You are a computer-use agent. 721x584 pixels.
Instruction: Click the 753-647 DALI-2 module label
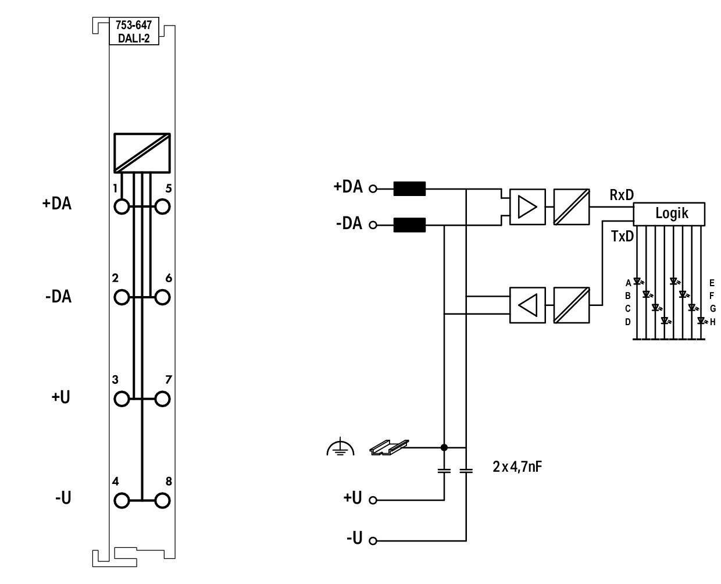click(134, 31)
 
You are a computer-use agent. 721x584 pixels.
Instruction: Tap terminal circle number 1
click(122, 206)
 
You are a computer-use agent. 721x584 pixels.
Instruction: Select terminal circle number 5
click(162, 206)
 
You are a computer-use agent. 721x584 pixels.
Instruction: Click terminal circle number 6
click(162, 297)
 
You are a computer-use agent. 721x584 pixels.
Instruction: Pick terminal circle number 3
click(122, 399)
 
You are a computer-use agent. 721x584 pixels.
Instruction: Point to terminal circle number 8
click(162, 500)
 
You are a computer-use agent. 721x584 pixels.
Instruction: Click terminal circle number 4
click(122, 500)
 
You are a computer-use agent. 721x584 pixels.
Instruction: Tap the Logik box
click(669, 214)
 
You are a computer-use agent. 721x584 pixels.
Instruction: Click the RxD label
click(622, 195)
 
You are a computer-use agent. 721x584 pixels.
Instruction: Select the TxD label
click(622, 236)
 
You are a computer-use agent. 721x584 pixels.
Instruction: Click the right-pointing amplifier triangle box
click(527, 206)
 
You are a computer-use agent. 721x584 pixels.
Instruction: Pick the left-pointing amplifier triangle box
click(527, 305)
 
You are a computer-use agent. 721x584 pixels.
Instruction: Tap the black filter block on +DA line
click(409, 188)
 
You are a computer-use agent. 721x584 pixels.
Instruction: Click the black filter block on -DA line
click(409, 225)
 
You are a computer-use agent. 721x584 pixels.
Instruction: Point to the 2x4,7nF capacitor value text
click(517, 467)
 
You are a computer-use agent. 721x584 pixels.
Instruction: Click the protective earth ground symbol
click(340, 447)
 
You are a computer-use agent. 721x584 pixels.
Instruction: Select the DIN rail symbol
click(389, 447)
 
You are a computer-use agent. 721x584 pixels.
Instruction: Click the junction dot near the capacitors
click(444, 447)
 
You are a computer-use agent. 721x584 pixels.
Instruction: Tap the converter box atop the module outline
click(142, 153)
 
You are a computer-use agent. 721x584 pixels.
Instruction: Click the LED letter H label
click(712, 322)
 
